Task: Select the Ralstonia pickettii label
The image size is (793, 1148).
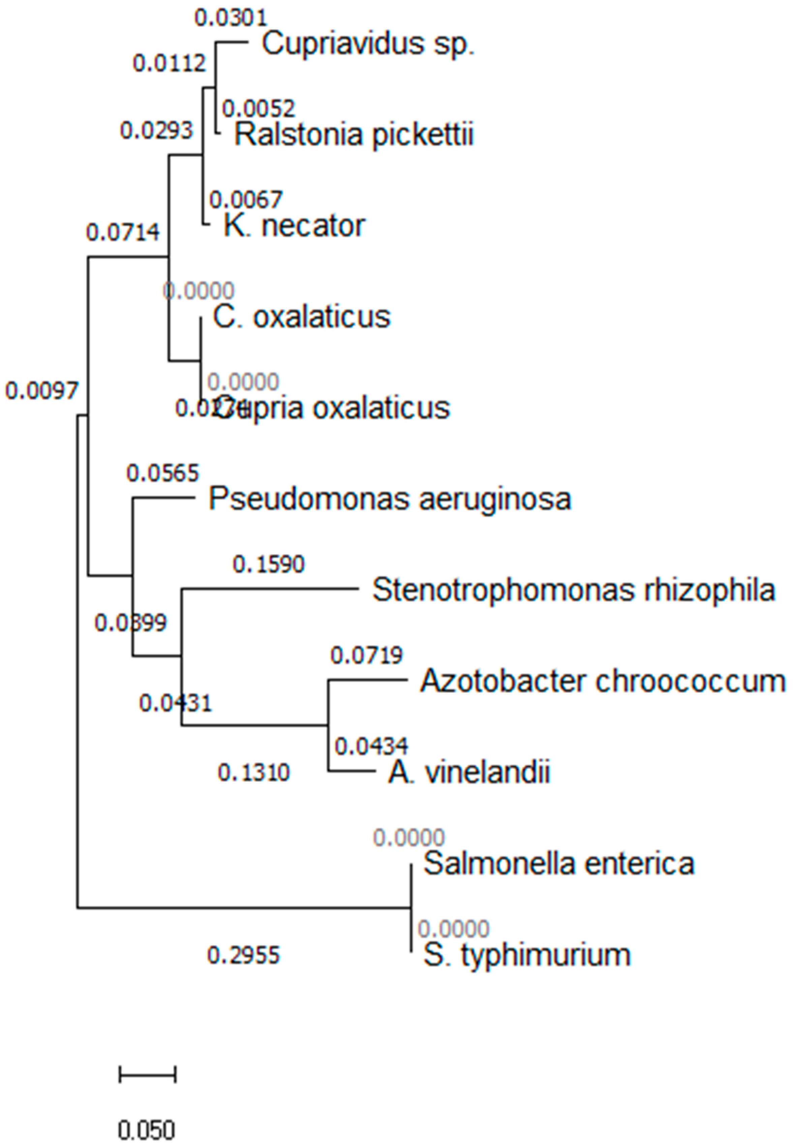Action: pos(354,134)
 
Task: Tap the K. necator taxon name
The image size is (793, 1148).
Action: pos(294,226)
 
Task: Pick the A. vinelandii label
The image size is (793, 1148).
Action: pos(469,773)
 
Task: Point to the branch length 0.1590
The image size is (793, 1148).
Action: pos(268,564)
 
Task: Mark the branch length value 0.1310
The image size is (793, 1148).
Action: pos(253,773)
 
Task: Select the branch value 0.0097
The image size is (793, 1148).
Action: pos(42,391)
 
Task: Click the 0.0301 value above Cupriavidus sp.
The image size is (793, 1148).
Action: pos(231,19)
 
